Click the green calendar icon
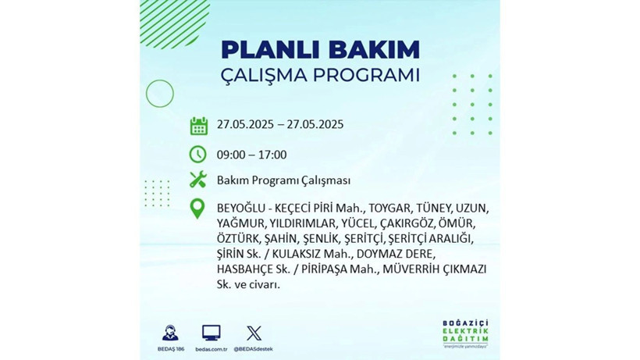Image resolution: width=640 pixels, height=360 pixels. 198,125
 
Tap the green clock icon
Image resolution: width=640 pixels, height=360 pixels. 198,155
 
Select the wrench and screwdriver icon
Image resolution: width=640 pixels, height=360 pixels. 198,180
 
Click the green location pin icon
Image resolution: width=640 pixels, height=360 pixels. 198,209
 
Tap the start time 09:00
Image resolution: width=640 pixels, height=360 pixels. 231,155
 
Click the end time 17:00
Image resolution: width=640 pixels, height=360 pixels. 272,155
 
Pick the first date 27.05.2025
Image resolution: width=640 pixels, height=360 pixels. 247,125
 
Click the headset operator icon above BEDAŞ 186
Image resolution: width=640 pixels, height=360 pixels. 169,333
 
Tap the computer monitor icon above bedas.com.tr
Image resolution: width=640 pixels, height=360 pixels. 211,333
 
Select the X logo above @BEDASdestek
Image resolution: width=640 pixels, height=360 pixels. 254,333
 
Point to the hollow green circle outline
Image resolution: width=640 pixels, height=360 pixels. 159,94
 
